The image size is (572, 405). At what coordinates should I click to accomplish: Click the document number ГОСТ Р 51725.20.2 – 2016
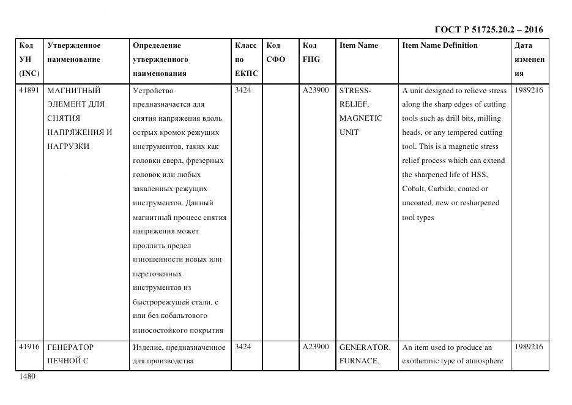[x=488, y=29]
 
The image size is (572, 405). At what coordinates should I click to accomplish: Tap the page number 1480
[x=28, y=377]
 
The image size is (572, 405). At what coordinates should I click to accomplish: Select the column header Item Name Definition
[x=439, y=45]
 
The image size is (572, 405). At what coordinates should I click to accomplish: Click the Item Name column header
[x=358, y=45]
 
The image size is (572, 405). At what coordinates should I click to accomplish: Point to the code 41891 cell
[x=29, y=90]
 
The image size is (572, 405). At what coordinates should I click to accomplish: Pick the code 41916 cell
[x=29, y=347]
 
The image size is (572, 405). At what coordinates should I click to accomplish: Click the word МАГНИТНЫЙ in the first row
[x=73, y=90]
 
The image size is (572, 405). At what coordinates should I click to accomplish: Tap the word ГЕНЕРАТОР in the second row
[x=70, y=347]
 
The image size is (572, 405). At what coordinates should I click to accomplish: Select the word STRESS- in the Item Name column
[x=354, y=90]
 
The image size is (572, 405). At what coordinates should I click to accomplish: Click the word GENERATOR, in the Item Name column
[x=364, y=347]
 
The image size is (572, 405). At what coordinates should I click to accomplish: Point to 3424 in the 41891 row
[x=243, y=90]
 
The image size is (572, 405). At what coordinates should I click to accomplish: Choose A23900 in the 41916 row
[x=316, y=347]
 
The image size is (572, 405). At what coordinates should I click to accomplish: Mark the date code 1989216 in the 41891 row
[x=529, y=90]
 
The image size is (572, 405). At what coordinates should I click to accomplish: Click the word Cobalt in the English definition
[x=413, y=189]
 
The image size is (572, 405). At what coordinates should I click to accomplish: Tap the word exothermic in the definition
[x=423, y=361]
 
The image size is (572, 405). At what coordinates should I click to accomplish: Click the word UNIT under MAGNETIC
[x=349, y=132]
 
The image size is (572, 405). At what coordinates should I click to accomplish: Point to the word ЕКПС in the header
[x=247, y=74]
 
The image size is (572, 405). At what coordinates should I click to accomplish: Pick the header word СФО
[x=275, y=59]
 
